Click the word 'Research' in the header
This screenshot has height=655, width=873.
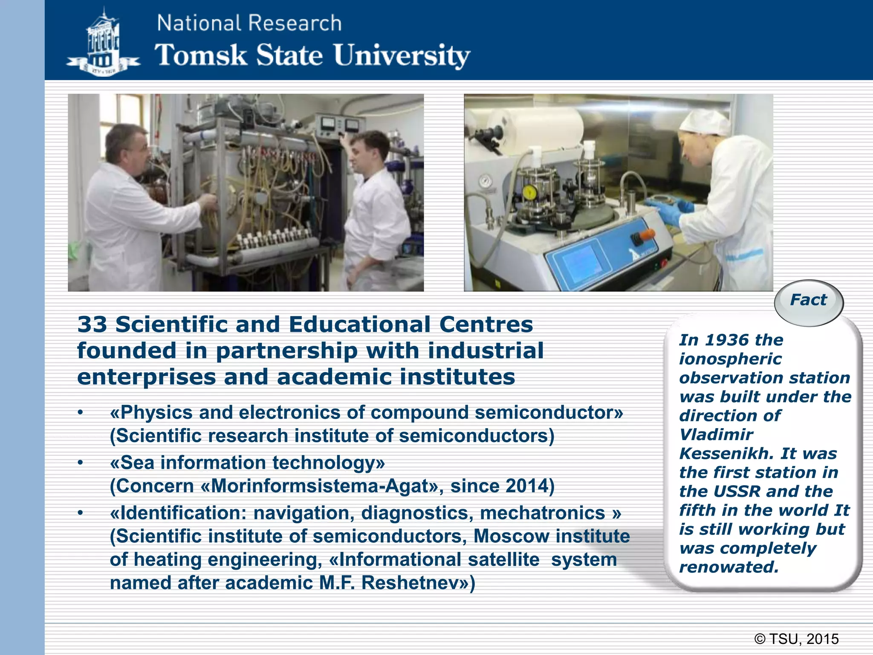point(295,23)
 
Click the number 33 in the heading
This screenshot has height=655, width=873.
point(93,325)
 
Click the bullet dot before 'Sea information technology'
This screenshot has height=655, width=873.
point(80,463)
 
